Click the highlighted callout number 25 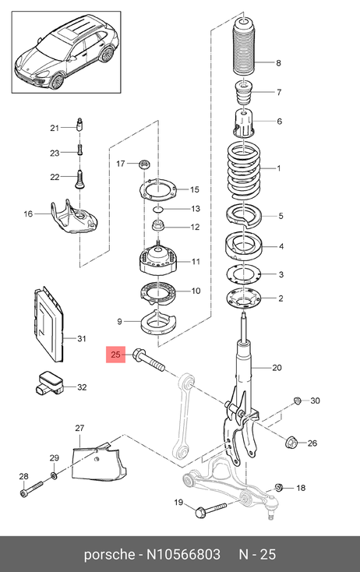[x=115, y=355]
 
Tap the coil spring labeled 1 [x=244, y=171]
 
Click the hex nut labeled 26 [x=291, y=443]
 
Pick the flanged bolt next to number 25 [x=149, y=361]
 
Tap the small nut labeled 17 [x=144, y=164]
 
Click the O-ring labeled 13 [x=158, y=209]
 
